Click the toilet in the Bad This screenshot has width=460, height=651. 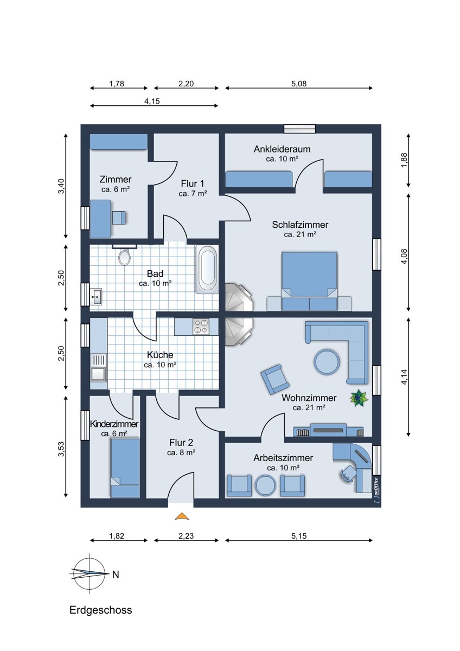124,257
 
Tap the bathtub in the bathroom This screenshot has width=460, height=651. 207,269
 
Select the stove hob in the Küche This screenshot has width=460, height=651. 201,327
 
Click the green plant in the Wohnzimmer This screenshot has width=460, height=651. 359,398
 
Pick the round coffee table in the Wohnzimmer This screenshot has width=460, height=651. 327,361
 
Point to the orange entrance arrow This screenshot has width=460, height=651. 182,516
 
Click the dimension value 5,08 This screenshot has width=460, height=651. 299,84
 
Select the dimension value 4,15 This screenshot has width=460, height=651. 152,101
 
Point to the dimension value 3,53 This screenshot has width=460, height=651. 61,449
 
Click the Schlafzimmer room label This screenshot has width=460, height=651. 300,225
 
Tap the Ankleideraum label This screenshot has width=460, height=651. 282,149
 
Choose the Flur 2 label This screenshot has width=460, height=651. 181,442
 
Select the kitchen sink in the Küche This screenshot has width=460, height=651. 98,367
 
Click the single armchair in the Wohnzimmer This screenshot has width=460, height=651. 274,379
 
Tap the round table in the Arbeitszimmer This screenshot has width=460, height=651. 265,485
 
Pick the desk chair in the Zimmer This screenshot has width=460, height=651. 119,218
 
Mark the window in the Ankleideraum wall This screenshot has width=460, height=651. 299,129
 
